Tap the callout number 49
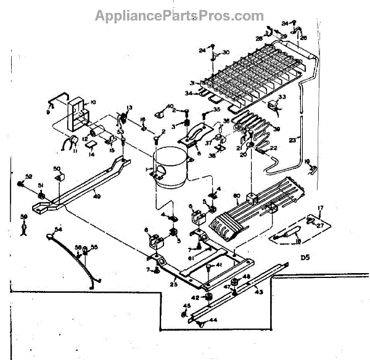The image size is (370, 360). pyautogui.click(x=97, y=197)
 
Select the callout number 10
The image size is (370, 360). pyautogui.click(x=94, y=102)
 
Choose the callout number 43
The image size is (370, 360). pyautogui.click(x=259, y=291)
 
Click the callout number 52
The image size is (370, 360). pyautogui.click(x=28, y=176)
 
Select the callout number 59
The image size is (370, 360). pyautogui.click(x=24, y=216)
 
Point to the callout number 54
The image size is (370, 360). pyautogui.click(x=59, y=229)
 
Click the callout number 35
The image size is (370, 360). pyautogui.click(x=216, y=109)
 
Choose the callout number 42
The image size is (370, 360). pyautogui.click(x=196, y=298)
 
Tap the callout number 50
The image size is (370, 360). pyautogui.click(x=56, y=168)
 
